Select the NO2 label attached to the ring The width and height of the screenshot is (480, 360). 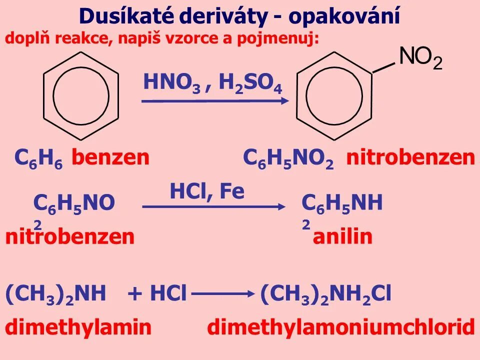point(420,58)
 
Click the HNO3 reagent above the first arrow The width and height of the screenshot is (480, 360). point(171,82)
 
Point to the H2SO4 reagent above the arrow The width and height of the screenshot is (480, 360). point(250,83)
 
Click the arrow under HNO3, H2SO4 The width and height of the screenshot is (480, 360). point(215,101)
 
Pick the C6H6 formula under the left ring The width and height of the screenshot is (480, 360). point(38,158)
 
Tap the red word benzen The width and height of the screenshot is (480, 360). point(110,158)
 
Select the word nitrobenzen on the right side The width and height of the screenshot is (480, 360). point(410,158)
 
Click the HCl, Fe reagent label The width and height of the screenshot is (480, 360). point(207,191)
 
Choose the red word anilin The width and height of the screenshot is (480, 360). point(342,236)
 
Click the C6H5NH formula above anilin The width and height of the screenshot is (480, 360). point(342,204)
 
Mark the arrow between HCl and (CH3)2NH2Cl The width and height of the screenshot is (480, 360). point(223,295)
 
